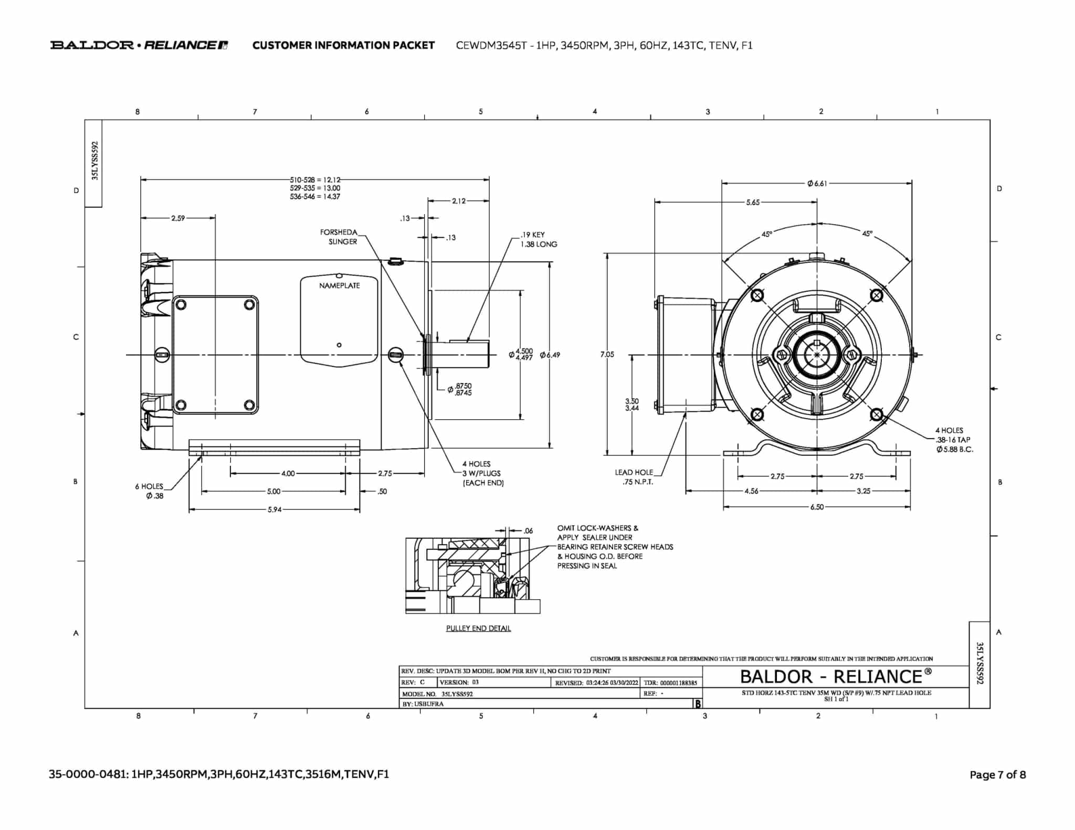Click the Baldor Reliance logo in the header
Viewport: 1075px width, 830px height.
(x=139, y=45)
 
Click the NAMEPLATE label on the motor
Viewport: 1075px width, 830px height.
(x=340, y=285)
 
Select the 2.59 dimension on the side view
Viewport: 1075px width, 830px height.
(x=178, y=218)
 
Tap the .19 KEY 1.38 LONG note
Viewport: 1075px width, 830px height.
(x=539, y=239)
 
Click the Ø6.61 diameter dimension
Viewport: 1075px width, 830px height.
(x=817, y=183)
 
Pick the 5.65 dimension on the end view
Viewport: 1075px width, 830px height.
(x=753, y=202)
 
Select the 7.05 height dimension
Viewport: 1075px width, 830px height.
(x=607, y=354)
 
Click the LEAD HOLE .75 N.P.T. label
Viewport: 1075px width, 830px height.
(x=635, y=477)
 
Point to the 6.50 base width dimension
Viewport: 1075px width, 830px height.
(x=817, y=507)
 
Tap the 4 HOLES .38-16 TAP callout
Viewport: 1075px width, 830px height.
(x=954, y=440)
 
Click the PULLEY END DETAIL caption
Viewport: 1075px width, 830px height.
(x=478, y=628)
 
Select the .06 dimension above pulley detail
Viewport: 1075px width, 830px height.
(x=528, y=530)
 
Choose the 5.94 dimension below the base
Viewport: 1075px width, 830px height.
(x=275, y=509)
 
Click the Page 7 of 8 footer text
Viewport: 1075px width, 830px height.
(x=997, y=774)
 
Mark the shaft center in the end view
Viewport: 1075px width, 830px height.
(x=817, y=355)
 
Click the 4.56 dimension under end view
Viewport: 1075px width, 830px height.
(x=751, y=491)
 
